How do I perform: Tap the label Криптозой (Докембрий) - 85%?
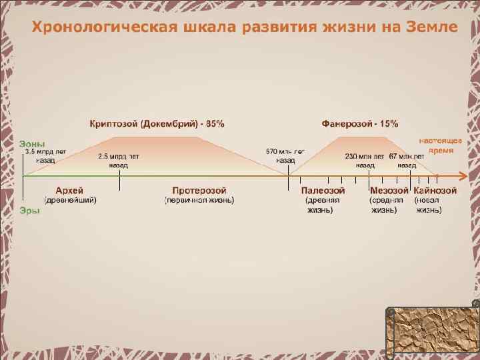pos(157,123)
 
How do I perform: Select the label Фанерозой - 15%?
pos(360,123)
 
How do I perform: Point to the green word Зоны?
pos(32,143)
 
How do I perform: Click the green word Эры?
pos(29,210)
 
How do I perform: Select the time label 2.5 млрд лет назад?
pos(119,160)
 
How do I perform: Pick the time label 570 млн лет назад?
pos(285,156)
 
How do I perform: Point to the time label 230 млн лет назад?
pos(365,160)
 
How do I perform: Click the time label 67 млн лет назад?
pos(407,160)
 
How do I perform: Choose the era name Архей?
pos(69,191)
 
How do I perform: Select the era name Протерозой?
pos(199,191)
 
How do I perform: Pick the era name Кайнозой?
pos(435,191)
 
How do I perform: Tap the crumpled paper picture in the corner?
pos(432,332)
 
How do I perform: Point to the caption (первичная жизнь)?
pos(199,200)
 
